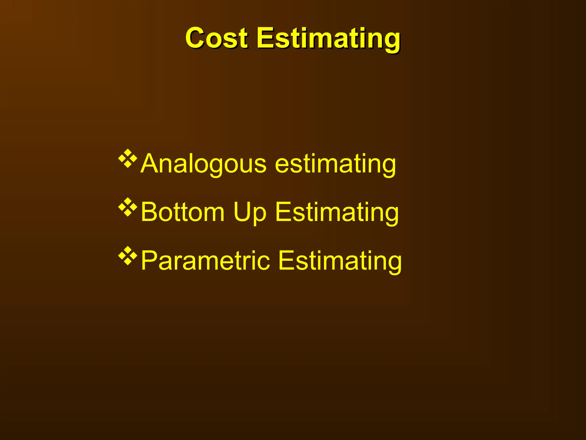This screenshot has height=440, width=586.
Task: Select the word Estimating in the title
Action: pos(328,39)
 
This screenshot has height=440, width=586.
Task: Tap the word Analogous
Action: pos(203,164)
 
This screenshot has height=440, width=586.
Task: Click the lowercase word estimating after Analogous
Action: pos(335,164)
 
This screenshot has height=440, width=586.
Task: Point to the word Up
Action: pos(250,213)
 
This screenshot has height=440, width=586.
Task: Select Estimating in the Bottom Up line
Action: pos(337,213)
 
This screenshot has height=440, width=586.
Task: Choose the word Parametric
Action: pos(205,261)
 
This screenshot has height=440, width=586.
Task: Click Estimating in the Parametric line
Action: pos(340,261)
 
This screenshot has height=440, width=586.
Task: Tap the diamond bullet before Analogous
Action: pos(128,158)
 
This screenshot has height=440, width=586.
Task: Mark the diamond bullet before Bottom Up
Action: pos(128,207)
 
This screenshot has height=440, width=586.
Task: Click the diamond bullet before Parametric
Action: pos(128,255)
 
